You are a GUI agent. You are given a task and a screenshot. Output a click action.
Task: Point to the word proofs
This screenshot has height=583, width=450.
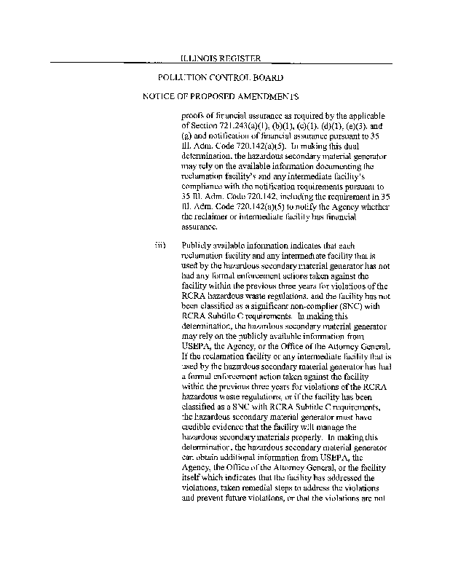click(x=193, y=115)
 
